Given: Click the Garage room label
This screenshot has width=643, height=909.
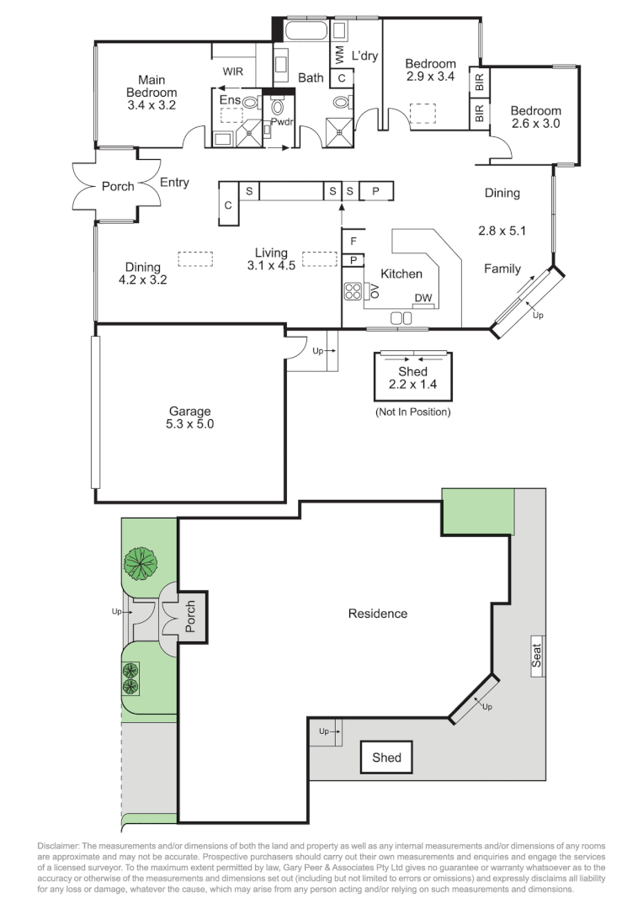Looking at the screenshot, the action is (x=189, y=411).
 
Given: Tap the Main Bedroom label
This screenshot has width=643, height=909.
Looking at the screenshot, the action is (x=151, y=87).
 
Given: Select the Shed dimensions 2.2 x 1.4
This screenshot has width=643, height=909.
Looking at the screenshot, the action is (x=413, y=385).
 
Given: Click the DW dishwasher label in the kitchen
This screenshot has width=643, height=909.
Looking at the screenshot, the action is (x=423, y=298).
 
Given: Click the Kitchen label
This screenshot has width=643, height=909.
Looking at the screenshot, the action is (x=401, y=274).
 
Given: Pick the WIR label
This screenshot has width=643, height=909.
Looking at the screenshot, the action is (x=233, y=72).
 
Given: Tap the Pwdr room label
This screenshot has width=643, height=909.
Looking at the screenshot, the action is (x=282, y=122).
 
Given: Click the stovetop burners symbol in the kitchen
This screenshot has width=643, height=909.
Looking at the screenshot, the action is (x=353, y=290).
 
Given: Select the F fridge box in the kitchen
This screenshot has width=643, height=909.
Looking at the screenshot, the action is (x=353, y=242).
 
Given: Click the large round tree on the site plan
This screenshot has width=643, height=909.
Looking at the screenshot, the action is (x=141, y=563).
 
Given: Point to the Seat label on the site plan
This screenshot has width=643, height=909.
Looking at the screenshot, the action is (x=537, y=656).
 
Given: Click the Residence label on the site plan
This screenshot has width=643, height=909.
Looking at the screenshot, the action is (x=377, y=614).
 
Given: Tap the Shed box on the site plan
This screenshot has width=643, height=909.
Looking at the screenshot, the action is (x=387, y=757).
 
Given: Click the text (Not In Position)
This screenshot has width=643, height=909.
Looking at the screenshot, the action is (x=413, y=412).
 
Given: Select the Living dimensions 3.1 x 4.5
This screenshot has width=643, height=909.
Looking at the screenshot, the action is (x=271, y=265).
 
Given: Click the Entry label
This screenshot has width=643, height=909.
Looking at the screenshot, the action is (x=174, y=183).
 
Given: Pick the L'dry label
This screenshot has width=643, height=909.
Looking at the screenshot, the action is (x=364, y=56).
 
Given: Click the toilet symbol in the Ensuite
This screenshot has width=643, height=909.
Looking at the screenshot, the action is (x=251, y=103).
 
